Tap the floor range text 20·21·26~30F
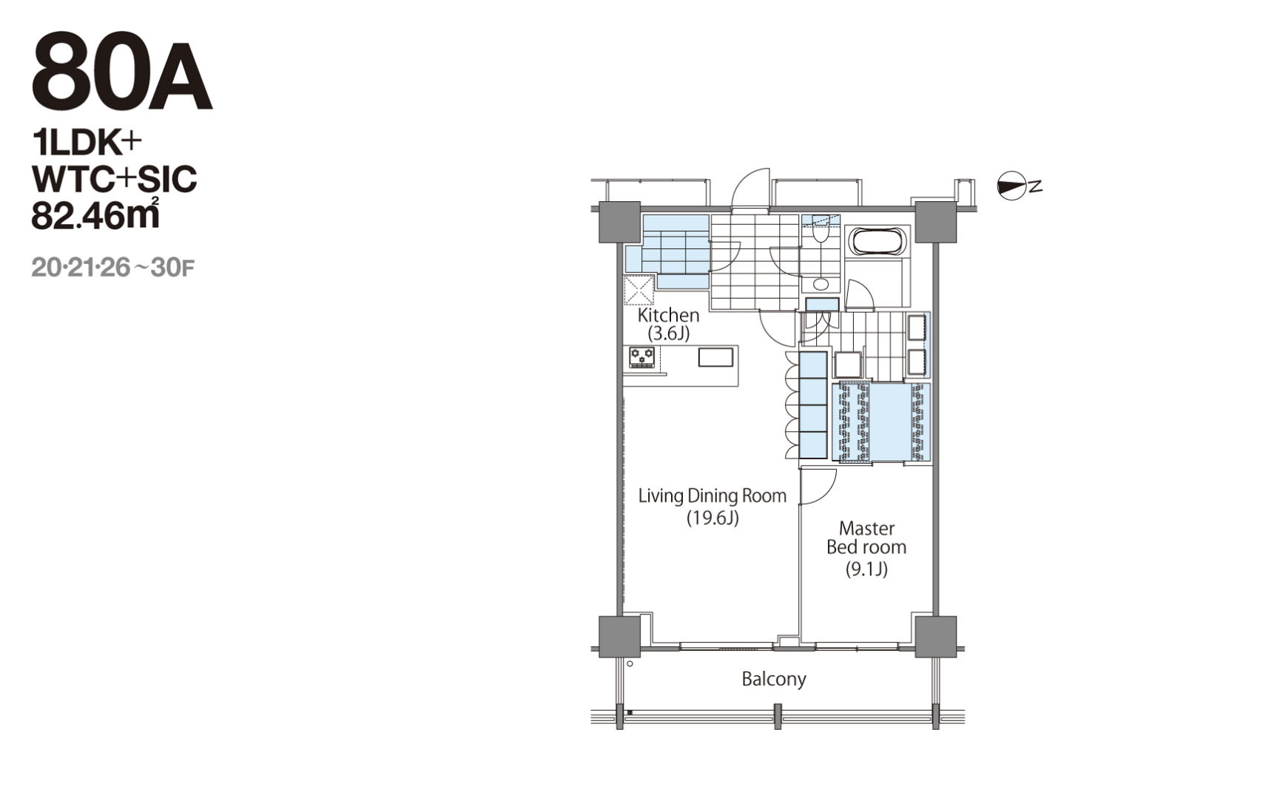(112, 267)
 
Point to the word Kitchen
(668, 315)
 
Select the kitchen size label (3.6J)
(669, 334)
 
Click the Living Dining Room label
(713, 495)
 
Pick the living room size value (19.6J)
(713, 518)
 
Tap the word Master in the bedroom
(866, 528)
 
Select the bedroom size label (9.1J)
(866, 569)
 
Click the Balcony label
(774, 679)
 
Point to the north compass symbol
(1013, 186)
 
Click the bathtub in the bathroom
(877, 242)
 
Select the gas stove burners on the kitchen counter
(641, 357)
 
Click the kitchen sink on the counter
(715, 358)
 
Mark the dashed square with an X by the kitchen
(639, 290)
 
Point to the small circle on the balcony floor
(630, 663)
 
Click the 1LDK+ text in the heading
(86, 143)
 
